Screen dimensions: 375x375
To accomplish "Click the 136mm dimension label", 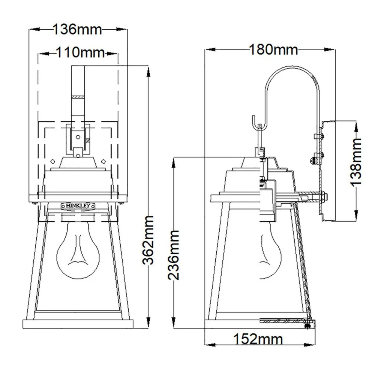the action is point(77,29).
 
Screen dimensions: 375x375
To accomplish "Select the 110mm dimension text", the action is point(81,52).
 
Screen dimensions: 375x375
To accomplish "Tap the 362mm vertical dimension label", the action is point(148,240).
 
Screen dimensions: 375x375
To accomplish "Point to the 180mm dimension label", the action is point(273,50).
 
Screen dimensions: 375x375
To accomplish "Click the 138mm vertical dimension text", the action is point(356,162).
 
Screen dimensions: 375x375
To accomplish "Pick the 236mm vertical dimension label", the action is point(173,255).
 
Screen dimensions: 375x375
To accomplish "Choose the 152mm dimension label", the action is point(258,339).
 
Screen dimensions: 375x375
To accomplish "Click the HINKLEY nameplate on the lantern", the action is point(78,205).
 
